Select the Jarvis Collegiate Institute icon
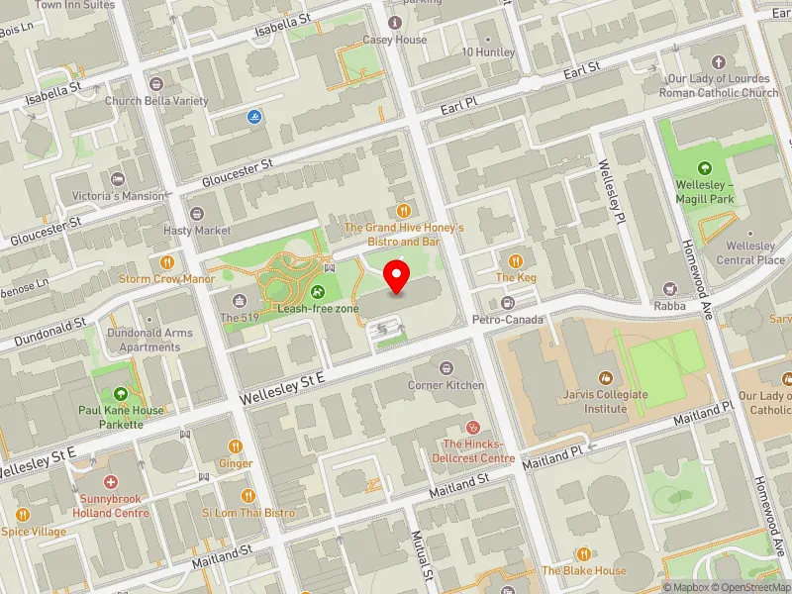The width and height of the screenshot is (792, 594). pyautogui.click(x=605, y=378)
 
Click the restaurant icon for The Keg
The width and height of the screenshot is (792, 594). pyautogui.click(x=515, y=259)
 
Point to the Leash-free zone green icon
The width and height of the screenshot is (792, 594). pyautogui.click(x=318, y=291)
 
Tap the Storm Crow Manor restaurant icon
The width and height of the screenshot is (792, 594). pyautogui.click(x=166, y=261)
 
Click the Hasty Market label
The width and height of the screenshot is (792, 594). pyautogui.click(x=198, y=231)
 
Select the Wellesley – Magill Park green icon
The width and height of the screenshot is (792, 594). pyautogui.click(x=705, y=167)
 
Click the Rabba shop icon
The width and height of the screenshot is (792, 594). pyautogui.click(x=669, y=289)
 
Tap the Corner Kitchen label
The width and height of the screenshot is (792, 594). pyautogui.click(x=446, y=385)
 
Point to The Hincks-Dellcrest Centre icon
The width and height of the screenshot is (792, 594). pyautogui.click(x=473, y=426)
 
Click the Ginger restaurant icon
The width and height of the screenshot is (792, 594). pyautogui.click(x=236, y=446)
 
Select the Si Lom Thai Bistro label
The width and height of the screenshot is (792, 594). pyautogui.click(x=248, y=513)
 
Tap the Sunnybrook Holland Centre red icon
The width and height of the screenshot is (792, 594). pyautogui.click(x=110, y=481)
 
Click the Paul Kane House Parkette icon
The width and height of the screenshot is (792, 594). pyautogui.click(x=121, y=394)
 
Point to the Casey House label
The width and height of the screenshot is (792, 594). pyautogui.click(x=395, y=40)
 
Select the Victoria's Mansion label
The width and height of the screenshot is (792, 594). pyautogui.click(x=124, y=196)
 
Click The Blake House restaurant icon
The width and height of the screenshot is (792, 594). pyautogui.click(x=584, y=553)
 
